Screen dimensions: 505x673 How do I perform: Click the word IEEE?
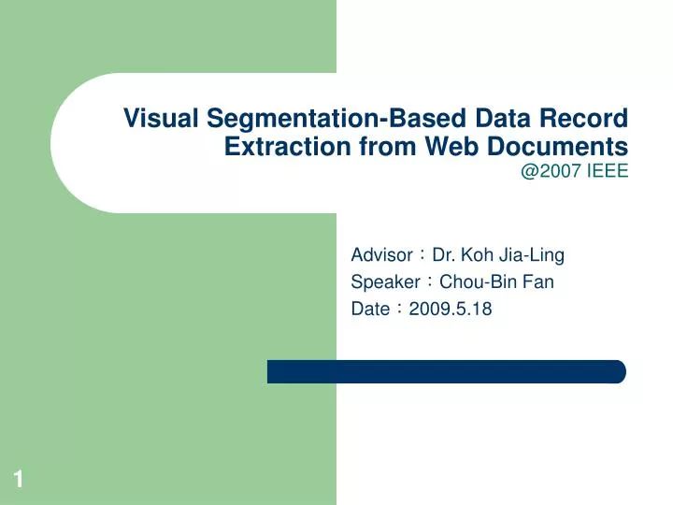608,170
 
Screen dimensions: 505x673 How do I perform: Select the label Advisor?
381,254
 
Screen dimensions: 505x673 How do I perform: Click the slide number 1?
18,481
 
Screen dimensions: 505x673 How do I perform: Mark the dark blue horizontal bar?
446,371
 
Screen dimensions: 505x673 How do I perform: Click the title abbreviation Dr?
443,254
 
